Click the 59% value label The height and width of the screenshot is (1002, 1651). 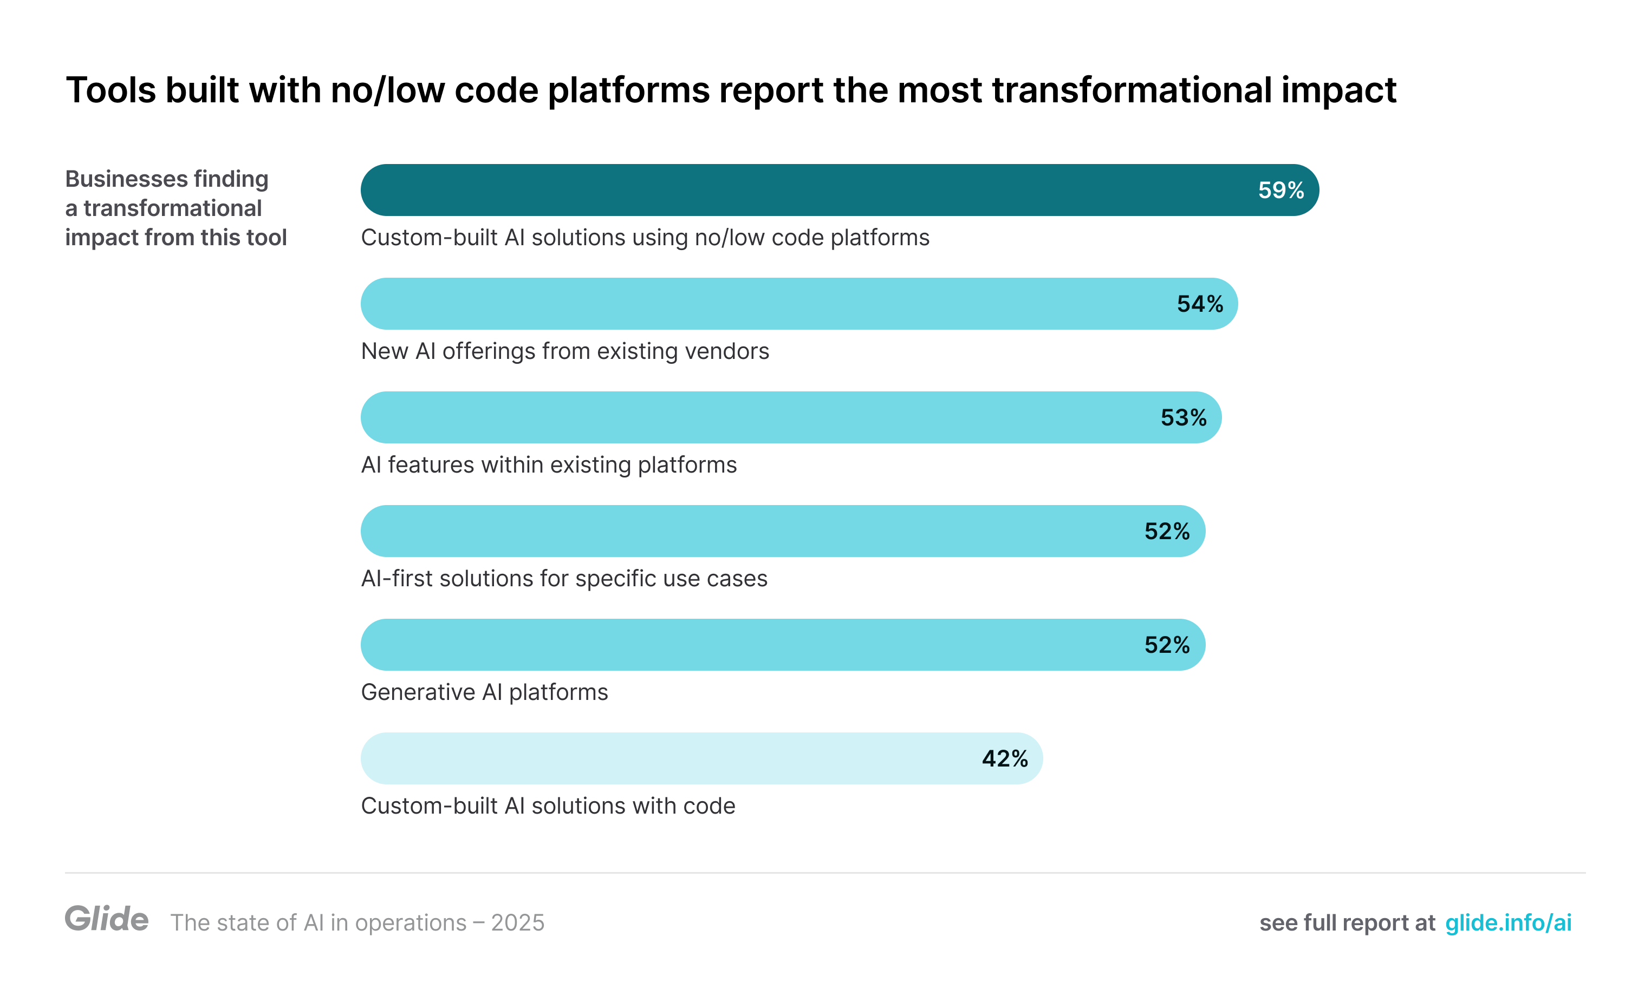coord(1280,190)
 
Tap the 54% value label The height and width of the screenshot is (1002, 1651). coord(1199,304)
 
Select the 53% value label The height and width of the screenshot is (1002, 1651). coord(1184,418)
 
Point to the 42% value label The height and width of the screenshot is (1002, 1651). coord(1004,759)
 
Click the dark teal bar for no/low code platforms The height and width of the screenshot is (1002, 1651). coord(804,190)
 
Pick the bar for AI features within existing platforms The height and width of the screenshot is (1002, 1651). coord(757,418)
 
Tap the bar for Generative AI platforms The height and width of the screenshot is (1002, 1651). coord(750,645)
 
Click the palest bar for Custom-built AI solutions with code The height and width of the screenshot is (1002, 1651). coord(670,759)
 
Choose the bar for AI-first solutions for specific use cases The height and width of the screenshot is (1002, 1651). coord(750,531)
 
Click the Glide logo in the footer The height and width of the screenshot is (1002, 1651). coord(107,919)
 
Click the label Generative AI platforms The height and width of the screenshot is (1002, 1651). coord(484,692)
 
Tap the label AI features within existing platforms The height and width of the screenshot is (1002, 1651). coord(549,466)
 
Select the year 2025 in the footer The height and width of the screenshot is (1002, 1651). coord(517,923)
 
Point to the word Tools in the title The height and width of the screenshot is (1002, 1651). coord(110,90)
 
